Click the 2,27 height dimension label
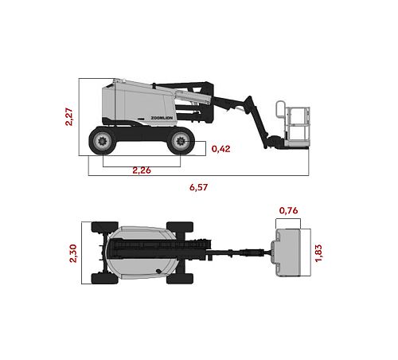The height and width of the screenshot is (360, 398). pyautogui.click(x=68, y=116)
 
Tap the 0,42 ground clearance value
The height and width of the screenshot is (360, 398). pyautogui.click(x=220, y=149)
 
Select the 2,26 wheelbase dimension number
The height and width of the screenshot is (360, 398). pyautogui.click(x=142, y=170)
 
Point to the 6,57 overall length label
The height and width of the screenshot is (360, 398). pyautogui.click(x=198, y=187)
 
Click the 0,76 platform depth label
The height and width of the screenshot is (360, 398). pyautogui.click(x=288, y=210)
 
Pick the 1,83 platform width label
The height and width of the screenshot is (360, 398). pyautogui.click(x=318, y=253)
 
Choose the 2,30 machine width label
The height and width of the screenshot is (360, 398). pyautogui.click(x=73, y=253)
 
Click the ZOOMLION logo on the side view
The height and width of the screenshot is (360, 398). pyautogui.click(x=162, y=118)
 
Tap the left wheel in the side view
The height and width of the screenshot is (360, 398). pyautogui.click(x=103, y=141)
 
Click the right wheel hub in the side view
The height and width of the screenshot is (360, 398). pyautogui.click(x=181, y=141)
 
